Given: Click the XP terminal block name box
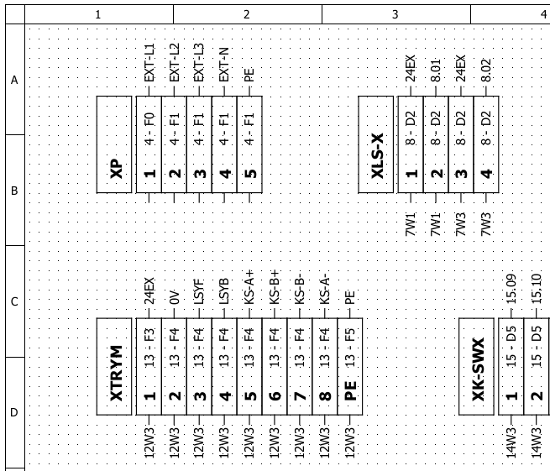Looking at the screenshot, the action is pyautogui.click(x=114, y=144).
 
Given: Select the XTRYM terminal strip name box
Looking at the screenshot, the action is pyautogui.click(x=114, y=367).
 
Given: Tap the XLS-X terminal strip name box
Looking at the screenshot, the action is pyautogui.click(x=375, y=144).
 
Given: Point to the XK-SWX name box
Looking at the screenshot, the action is pyautogui.click(x=477, y=367).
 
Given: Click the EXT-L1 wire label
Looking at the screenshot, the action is pyautogui.click(x=149, y=63).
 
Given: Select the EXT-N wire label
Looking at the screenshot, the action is pyautogui.click(x=224, y=65).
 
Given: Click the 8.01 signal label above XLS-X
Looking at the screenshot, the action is pyautogui.click(x=435, y=71).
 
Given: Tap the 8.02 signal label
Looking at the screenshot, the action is pyautogui.click(x=486, y=71).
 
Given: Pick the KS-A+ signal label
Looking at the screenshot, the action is pyautogui.click(x=249, y=287).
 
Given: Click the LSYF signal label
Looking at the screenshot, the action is pyautogui.click(x=199, y=291).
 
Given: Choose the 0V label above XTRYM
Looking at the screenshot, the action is pyautogui.click(x=174, y=297).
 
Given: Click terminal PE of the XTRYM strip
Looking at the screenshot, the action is pyautogui.click(x=350, y=367).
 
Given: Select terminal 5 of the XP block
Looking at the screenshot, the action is pyautogui.click(x=249, y=144).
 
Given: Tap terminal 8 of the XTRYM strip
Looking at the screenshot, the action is pyautogui.click(x=325, y=367).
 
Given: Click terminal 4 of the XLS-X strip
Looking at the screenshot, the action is pyautogui.click(x=486, y=144).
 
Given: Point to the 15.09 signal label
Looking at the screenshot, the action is pyautogui.click(x=511, y=289).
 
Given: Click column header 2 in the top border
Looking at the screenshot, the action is pyautogui.click(x=247, y=14).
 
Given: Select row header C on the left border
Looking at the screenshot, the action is pyautogui.click(x=14, y=301).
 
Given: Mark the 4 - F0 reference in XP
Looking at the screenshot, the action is pyautogui.click(x=149, y=128).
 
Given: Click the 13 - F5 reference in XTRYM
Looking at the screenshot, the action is pyautogui.click(x=350, y=348).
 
